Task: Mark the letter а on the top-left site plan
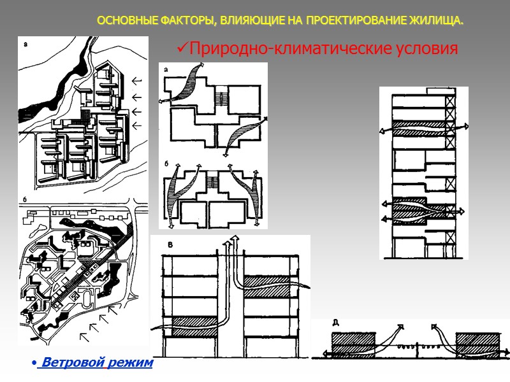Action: [x=25, y=45]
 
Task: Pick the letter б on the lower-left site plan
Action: [x=25, y=202]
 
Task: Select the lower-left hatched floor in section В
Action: [x=191, y=325]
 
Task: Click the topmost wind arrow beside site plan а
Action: [x=135, y=81]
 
